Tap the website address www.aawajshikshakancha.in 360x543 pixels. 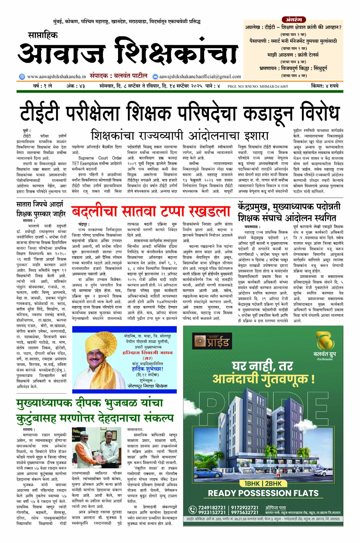click(56, 76)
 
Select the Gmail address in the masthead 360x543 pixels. click(200, 76)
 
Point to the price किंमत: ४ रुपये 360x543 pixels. click(325, 86)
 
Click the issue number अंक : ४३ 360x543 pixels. click(75, 86)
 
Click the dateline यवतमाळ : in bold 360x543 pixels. click(252, 226)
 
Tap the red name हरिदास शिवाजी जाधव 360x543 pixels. click(147, 353)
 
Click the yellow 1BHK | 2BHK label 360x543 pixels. click(263, 483)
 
